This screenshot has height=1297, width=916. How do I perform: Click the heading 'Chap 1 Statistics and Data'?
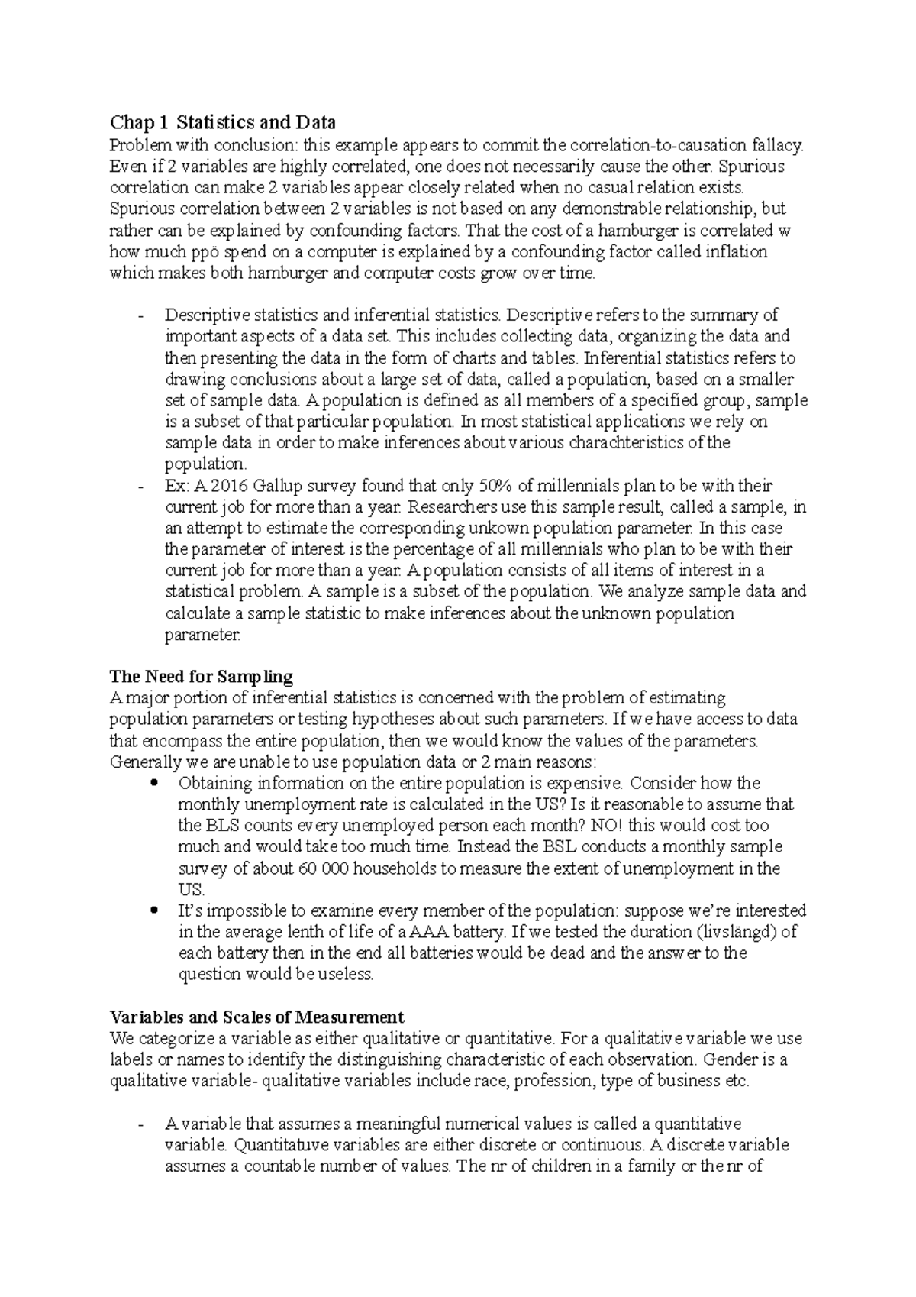tap(222, 122)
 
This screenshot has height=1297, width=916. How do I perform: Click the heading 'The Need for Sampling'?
tap(201, 676)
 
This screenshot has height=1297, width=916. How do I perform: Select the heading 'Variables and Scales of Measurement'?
tap(256, 1017)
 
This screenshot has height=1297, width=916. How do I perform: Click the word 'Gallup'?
tap(257, 485)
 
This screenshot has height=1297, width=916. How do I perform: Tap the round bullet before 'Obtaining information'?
tap(155, 783)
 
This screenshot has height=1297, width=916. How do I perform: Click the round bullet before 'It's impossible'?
tap(155, 910)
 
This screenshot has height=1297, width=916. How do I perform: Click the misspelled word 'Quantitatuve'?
tap(279, 1145)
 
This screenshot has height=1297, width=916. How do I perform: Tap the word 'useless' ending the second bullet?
tap(347, 974)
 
